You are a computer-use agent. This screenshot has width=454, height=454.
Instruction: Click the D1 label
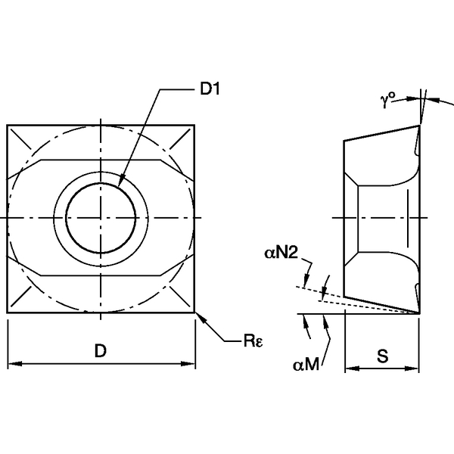click(x=209, y=89)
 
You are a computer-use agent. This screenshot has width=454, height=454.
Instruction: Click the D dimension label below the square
click(x=100, y=351)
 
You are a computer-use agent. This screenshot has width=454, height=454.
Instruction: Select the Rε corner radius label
click(x=252, y=342)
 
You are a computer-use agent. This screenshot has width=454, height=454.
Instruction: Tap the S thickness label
click(x=382, y=356)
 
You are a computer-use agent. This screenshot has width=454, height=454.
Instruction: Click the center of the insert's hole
click(x=101, y=218)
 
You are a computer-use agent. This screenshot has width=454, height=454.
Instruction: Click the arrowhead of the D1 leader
click(x=121, y=185)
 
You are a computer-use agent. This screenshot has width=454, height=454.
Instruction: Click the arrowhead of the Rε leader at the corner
click(x=198, y=315)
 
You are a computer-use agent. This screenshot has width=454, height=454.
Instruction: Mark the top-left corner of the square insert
click(x=8, y=125)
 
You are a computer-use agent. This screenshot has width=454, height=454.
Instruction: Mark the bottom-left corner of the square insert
click(x=8, y=312)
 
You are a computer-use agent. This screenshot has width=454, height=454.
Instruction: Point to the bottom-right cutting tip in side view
click(x=418, y=311)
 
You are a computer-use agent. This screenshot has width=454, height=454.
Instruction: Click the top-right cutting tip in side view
click(x=418, y=126)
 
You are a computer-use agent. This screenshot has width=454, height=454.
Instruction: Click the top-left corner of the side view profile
click(x=344, y=140)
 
